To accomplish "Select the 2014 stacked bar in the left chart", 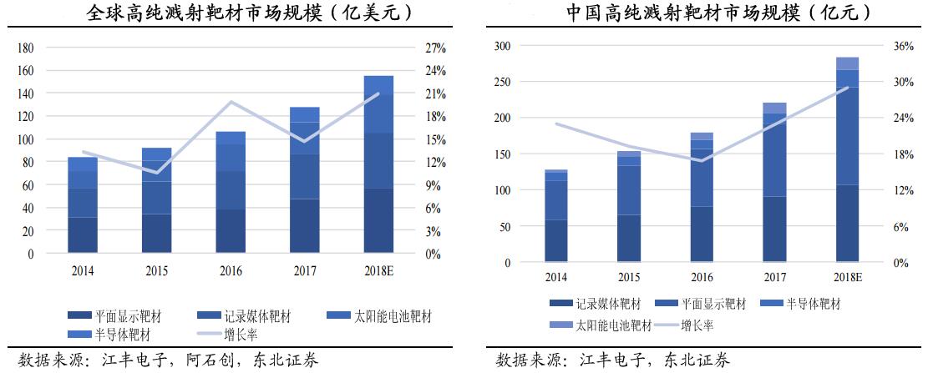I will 83,204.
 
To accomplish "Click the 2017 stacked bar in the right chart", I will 775,183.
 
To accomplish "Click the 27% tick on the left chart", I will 435,48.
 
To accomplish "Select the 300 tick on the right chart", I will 501,46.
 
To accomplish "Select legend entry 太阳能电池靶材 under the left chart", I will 393,316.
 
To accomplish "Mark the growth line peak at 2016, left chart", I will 231,102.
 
